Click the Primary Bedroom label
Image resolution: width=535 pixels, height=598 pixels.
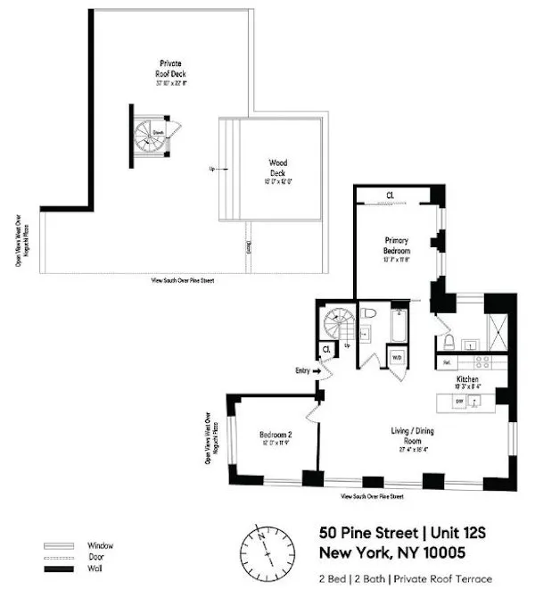[x=396, y=245]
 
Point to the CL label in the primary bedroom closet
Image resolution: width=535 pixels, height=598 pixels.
[x=390, y=195]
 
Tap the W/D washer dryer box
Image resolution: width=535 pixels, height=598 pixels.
[x=397, y=357]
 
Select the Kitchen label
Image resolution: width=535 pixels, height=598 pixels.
[x=468, y=379]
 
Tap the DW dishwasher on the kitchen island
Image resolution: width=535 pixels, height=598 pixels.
[x=460, y=402]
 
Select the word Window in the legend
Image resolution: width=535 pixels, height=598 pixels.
[x=100, y=545]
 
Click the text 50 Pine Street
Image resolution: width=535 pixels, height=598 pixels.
[x=360, y=531]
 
